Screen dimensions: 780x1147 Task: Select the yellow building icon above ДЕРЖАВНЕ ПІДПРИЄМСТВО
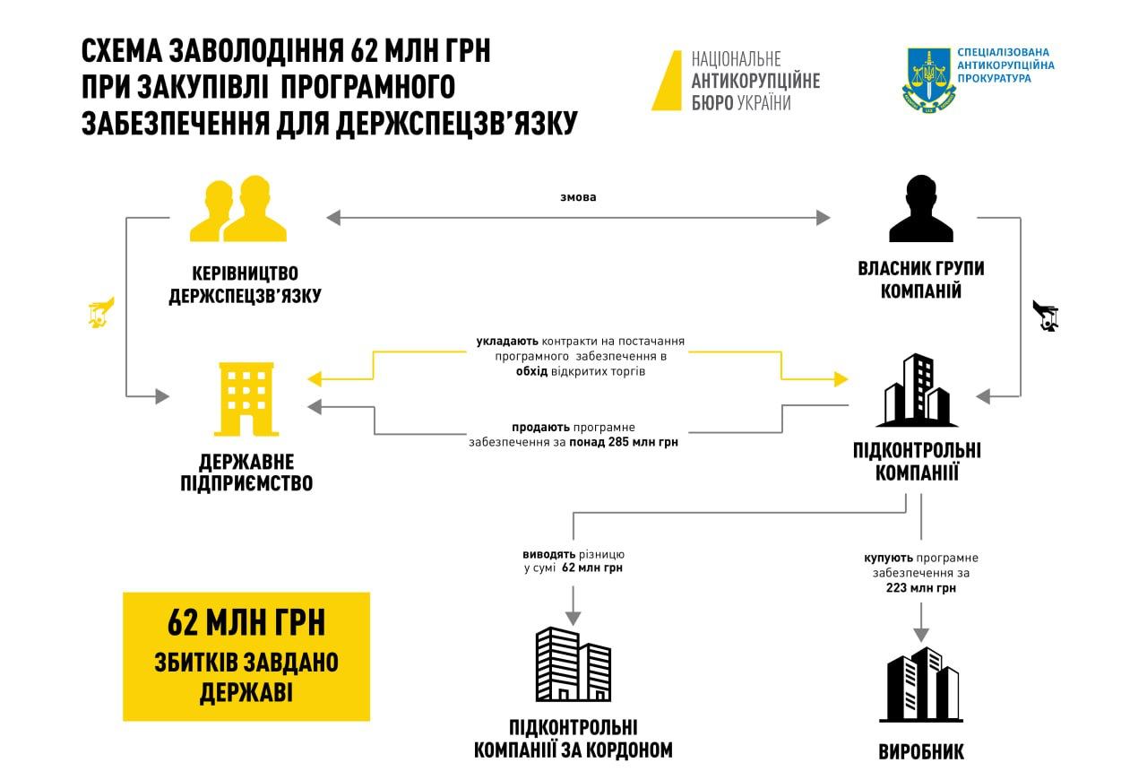click(x=246, y=400)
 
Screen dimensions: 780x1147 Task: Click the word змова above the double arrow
click(x=577, y=197)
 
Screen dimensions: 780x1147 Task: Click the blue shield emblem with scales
click(x=926, y=81)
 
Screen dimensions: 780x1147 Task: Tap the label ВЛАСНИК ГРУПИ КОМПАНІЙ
click(x=920, y=280)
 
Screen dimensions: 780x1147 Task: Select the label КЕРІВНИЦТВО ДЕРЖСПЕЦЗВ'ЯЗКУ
click(x=245, y=283)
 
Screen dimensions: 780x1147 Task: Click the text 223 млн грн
click(x=920, y=589)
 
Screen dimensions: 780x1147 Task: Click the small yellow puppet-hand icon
click(x=101, y=311)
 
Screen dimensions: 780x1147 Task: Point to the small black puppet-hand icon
click(x=1045, y=316)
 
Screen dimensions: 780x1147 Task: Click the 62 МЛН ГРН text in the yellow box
click(x=246, y=621)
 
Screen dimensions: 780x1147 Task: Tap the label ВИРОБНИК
click(x=921, y=752)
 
